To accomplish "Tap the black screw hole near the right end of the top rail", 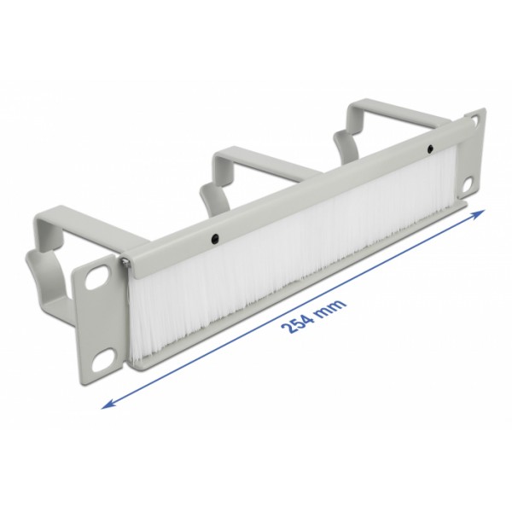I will pos(431,150).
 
